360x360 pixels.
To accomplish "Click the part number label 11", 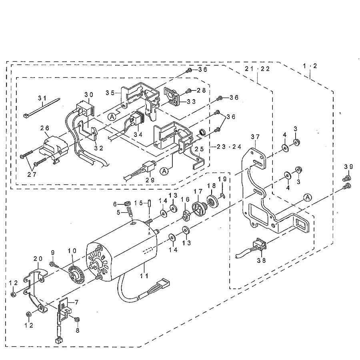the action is [145, 276].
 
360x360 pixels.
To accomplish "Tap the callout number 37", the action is [255, 137].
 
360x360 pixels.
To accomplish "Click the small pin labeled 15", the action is [150, 204].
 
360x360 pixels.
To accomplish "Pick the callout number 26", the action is [44, 128].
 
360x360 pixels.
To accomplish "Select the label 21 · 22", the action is [257, 69].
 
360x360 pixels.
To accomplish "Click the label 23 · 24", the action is [229, 147].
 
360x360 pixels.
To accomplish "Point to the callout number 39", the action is [348, 166].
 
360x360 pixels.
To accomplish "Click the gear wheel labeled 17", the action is [199, 208].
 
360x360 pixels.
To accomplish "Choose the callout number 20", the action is [38, 258].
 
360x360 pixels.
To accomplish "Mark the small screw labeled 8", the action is [77, 320].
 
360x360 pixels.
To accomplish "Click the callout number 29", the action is [150, 180].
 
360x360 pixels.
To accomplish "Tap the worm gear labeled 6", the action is [126, 203].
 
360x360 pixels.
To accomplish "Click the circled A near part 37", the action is [308, 197].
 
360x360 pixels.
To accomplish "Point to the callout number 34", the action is [138, 134].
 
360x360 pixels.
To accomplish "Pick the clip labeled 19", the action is [223, 195].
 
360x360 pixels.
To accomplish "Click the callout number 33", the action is [191, 101].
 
